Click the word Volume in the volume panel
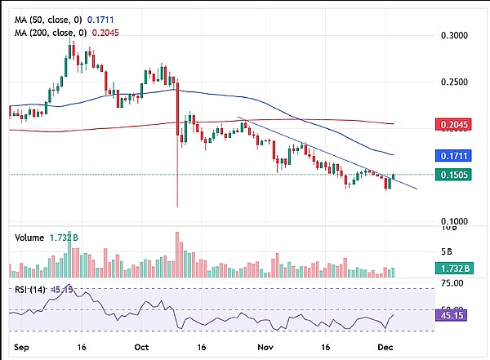pos(29,238)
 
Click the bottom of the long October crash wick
pos(177,206)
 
